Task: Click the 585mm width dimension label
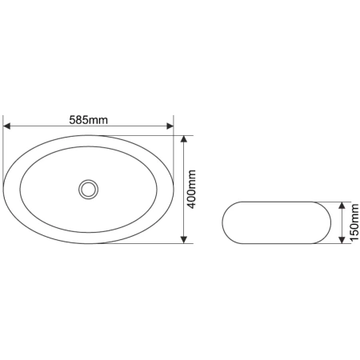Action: (x=89, y=120)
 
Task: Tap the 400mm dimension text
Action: (x=191, y=190)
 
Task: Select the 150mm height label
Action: (x=354, y=222)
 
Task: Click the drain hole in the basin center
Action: (x=88, y=190)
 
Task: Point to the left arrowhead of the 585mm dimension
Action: (x=6, y=126)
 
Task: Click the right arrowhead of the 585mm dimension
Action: (x=170, y=126)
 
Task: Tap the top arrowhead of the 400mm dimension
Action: (x=184, y=139)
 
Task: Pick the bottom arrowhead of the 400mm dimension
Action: (x=184, y=240)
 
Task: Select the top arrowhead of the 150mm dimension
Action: (x=342, y=206)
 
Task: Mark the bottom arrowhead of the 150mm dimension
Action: (x=342, y=240)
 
